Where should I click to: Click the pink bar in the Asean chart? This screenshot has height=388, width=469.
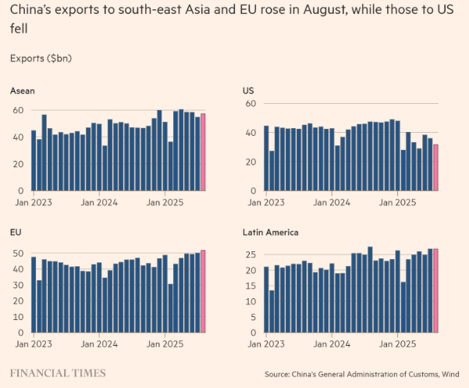point(203,152)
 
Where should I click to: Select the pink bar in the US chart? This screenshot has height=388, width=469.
point(435,167)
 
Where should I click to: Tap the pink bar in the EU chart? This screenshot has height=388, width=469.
point(203,290)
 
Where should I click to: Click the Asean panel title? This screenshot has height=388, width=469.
point(22,91)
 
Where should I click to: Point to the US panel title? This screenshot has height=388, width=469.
point(250,91)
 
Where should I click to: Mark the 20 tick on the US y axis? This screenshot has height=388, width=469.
point(250,162)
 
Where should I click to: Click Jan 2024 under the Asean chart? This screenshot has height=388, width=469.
point(98,201)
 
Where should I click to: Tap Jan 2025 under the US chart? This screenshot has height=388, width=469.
point(397,201)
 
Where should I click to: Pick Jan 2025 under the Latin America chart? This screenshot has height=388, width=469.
point(397,343)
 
